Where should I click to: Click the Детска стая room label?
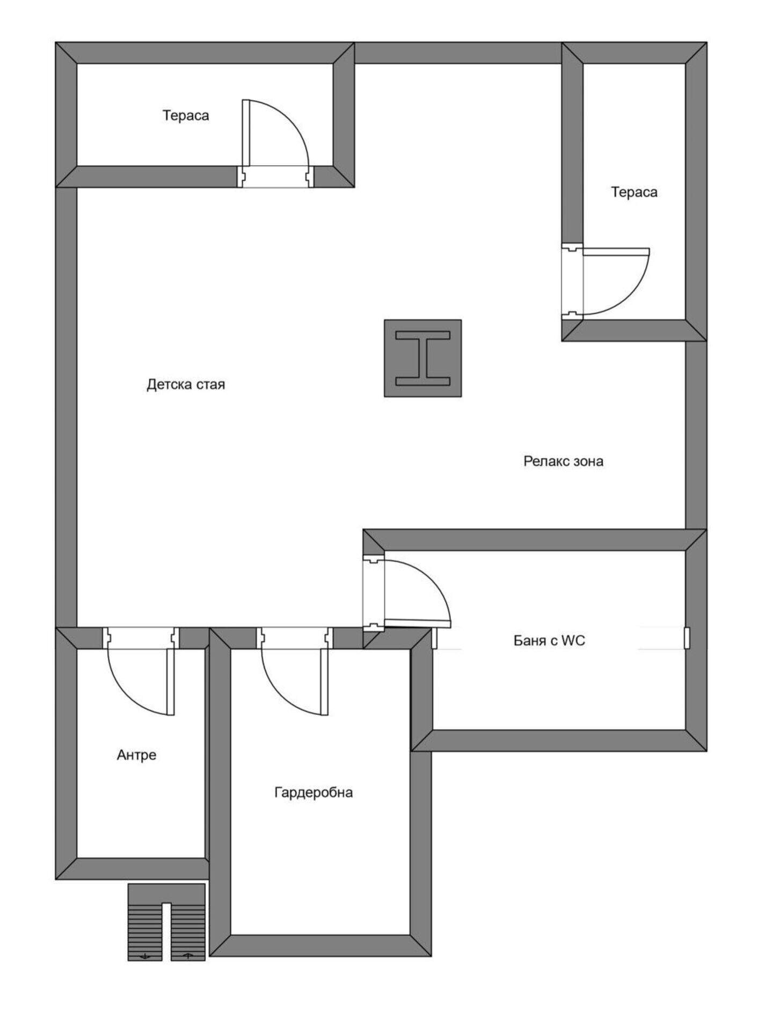(186, 385)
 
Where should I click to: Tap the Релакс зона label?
(563, 461)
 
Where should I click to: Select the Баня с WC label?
(549, 640)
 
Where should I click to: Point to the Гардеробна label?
(313, 792)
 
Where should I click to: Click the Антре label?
(136, 755)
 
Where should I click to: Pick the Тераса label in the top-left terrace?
(186, 115)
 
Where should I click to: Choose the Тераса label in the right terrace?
(634, 192)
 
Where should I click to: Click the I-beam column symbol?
(422, 358)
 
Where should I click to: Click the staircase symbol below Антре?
(166, 922)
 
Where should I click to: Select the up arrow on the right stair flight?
(188, 956)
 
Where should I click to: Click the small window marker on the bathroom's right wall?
(687, 638)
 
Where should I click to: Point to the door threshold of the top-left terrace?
(275, 177)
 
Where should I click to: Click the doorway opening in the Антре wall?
(141, 638)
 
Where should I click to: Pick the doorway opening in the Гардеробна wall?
(295, 638)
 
